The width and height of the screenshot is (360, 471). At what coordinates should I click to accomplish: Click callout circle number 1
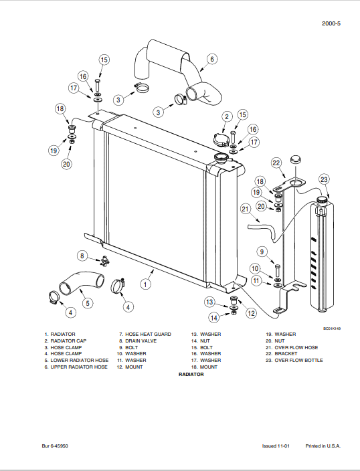(145, 284)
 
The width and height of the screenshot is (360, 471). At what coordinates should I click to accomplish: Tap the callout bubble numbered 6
(211, 59)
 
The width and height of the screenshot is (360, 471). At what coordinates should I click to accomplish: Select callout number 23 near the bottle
(324, 179)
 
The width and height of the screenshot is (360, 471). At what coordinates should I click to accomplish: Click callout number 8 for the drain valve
(82, 255)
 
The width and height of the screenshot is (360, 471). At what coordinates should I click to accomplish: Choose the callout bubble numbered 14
(214, 317)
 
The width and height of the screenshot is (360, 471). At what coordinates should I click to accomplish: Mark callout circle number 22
(276, 163)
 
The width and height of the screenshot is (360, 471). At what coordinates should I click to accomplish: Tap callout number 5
(87, 303)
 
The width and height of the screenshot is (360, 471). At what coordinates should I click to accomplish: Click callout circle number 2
(227, 117)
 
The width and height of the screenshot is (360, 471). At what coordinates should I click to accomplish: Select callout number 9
(262, 252)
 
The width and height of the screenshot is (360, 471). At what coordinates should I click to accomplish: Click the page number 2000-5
(331, 23)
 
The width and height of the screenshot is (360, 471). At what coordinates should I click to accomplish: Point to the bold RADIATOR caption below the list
(191, 375)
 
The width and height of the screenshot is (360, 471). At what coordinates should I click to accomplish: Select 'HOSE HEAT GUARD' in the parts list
(148, 334)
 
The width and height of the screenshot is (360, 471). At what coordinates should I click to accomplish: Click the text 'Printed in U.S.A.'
(323, 446)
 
